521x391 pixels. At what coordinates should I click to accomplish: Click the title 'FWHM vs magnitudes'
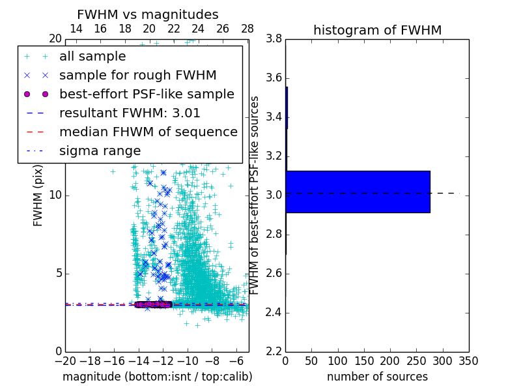[x=148, y=14]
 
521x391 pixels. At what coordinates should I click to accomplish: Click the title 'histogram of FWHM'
[x=377, y=30]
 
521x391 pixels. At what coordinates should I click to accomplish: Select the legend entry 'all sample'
[x=92, y=57]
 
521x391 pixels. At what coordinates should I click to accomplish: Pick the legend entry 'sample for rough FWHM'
[x=138, y=75]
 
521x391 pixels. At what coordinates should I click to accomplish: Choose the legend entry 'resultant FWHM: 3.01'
[x=130, y=113]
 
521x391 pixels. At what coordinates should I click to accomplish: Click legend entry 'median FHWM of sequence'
[x=148, y=132]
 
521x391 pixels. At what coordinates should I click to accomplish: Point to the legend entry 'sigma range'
[x=100, y=151]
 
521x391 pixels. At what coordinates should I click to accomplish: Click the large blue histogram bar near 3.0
[x=358, y=192]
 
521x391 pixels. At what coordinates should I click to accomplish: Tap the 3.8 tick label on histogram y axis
[x=274, y=39]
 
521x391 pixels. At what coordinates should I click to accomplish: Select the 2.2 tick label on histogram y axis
[x=274, y=351]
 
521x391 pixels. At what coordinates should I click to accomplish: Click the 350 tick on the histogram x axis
[x=469, y=360]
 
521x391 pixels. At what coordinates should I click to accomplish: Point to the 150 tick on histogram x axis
[x=364, y=360]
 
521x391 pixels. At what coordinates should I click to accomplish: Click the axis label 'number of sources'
[x=377, y=377]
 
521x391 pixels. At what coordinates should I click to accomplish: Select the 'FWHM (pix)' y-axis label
[x=38, y=195]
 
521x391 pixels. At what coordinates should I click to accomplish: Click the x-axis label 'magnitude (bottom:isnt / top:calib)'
[x=157, y=377]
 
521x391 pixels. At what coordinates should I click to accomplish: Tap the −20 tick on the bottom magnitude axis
[x=65, y=360]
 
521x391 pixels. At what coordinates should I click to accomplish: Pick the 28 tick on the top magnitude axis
[x=247, y=29]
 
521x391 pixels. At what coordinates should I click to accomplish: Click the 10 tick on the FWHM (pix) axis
[x=55, y=195]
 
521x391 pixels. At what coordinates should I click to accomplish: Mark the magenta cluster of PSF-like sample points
[x=153, y=304]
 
